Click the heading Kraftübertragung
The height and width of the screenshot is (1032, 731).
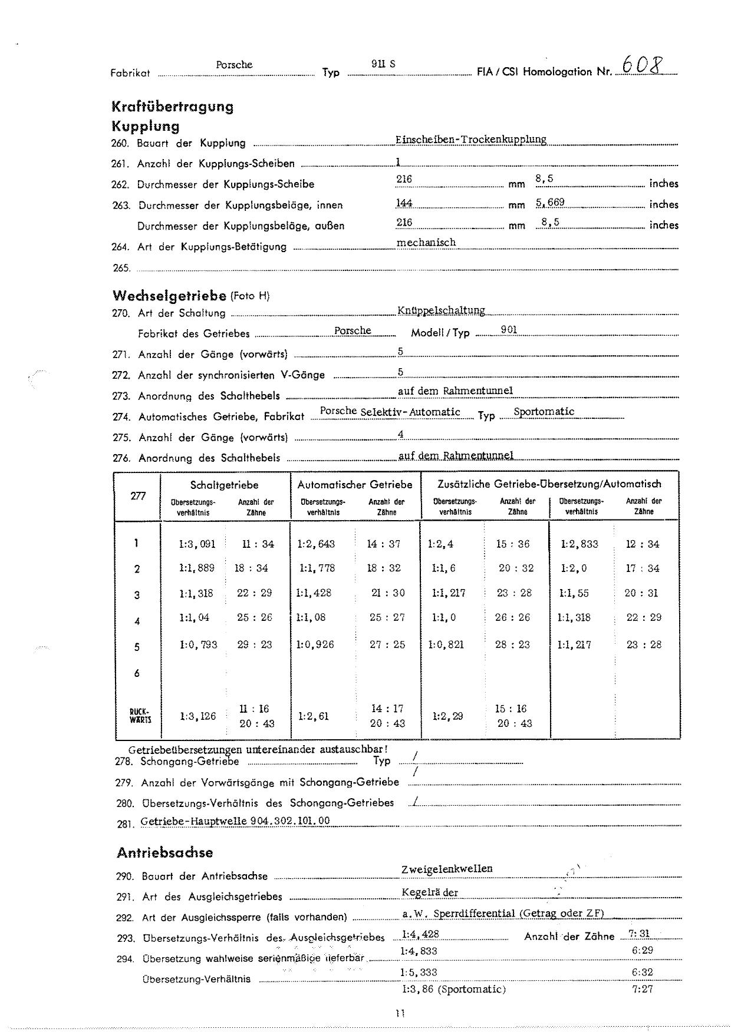172,107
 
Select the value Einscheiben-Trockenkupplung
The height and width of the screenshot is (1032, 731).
471,140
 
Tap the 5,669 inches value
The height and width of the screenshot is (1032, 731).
550,203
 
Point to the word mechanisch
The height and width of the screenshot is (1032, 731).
426,242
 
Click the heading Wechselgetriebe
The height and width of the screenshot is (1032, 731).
169,295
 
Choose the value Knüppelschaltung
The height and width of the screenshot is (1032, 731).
441,310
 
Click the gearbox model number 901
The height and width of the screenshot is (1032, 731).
509,330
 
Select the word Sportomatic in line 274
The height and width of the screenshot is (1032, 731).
544,411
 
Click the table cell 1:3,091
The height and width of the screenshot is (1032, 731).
197,544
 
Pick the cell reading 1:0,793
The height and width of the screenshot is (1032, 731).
198,644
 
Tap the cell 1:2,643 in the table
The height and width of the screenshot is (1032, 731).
316,544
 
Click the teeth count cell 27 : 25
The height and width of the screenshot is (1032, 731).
387,644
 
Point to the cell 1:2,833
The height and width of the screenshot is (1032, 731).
579,544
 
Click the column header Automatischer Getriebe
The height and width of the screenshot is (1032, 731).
355,485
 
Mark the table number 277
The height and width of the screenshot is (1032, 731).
138,496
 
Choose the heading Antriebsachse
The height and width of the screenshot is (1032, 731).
164,853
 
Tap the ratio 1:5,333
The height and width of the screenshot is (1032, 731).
419,972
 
